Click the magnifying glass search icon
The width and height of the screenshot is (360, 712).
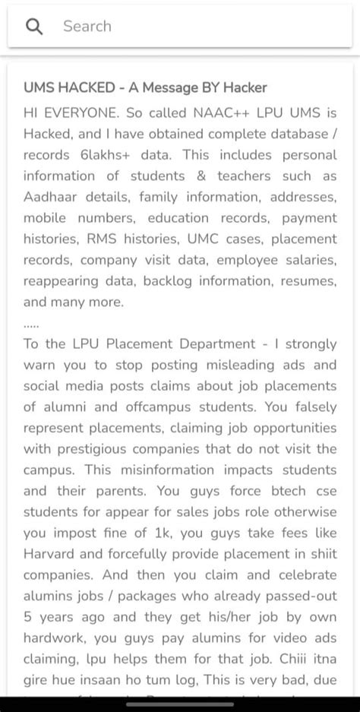tap(34, 27)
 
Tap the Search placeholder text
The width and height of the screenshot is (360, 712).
tap(87, 27)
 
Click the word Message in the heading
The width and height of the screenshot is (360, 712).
tap(159, 88)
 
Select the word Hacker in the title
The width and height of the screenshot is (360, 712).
tap(245, 88)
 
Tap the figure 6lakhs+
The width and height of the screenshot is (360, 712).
tap(109, 155)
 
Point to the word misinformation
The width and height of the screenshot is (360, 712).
tap(186, 470)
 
